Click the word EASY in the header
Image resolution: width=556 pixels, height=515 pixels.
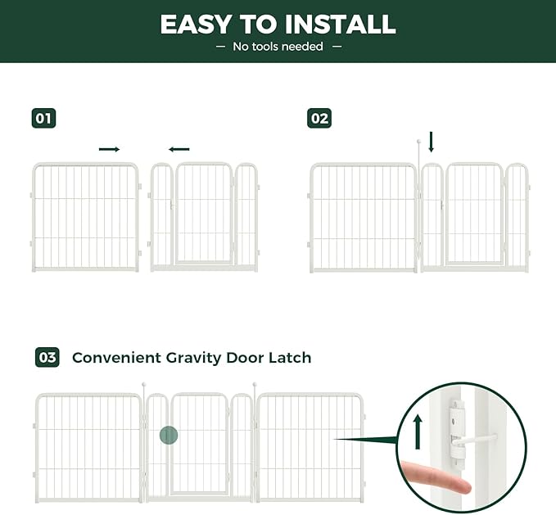[x=194, y=24]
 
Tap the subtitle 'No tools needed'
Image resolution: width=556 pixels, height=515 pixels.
[x=278, y=47]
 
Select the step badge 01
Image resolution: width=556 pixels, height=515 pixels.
[x=43, y=119]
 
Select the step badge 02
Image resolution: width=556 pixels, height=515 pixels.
[x=319, y=119]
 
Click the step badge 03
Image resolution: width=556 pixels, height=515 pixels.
[x=47, y=358]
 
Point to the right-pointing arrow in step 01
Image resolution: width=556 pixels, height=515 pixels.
[x=109, y=149]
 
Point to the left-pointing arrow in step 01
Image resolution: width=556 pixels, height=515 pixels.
[x=179, y=149]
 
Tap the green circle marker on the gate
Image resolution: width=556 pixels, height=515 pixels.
[x=169, y=436]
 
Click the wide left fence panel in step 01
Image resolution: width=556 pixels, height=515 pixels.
[x=86, y=217]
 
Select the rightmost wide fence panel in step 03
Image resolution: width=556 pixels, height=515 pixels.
[x=310, y=446]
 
